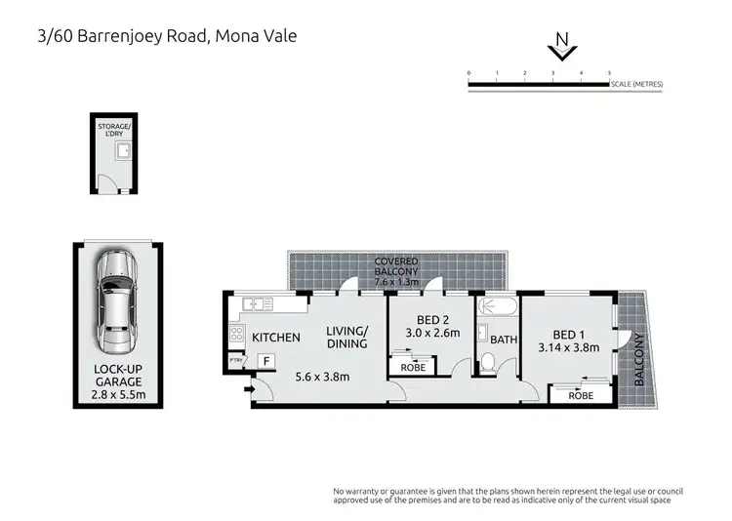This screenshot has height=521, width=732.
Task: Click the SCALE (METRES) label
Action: (636, 84)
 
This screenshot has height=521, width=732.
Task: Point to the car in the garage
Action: (115, 302)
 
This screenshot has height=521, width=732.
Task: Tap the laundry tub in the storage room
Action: (124, 152)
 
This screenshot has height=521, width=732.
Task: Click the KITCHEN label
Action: (276, 338)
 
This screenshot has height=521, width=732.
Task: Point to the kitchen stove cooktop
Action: (235, 335)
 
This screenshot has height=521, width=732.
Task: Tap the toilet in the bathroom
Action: (490, 365)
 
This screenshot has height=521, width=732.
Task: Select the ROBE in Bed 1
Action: (581, 396)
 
